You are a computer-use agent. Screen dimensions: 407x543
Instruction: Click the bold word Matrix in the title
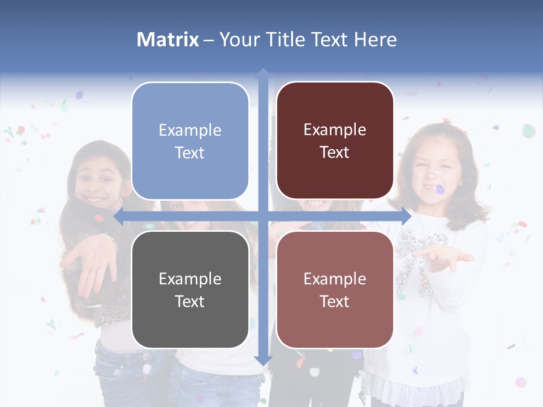click(167, 40)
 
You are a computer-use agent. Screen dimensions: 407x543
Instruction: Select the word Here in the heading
click(375, 40)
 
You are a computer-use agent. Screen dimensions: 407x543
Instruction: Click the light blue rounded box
click(190, 141)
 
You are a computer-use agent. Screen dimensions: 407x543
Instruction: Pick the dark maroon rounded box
click(335, 141)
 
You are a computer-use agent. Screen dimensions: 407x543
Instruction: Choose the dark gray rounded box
click(190, 289)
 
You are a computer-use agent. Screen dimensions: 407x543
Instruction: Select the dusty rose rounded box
click(335, 289)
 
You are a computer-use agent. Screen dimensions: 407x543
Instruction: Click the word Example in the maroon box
click(335, 130)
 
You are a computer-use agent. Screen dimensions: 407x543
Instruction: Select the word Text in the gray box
click(190, 301)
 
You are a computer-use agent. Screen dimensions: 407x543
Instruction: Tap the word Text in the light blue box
click(190, 153)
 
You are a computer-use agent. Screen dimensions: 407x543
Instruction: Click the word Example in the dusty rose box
click(335, 279)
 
